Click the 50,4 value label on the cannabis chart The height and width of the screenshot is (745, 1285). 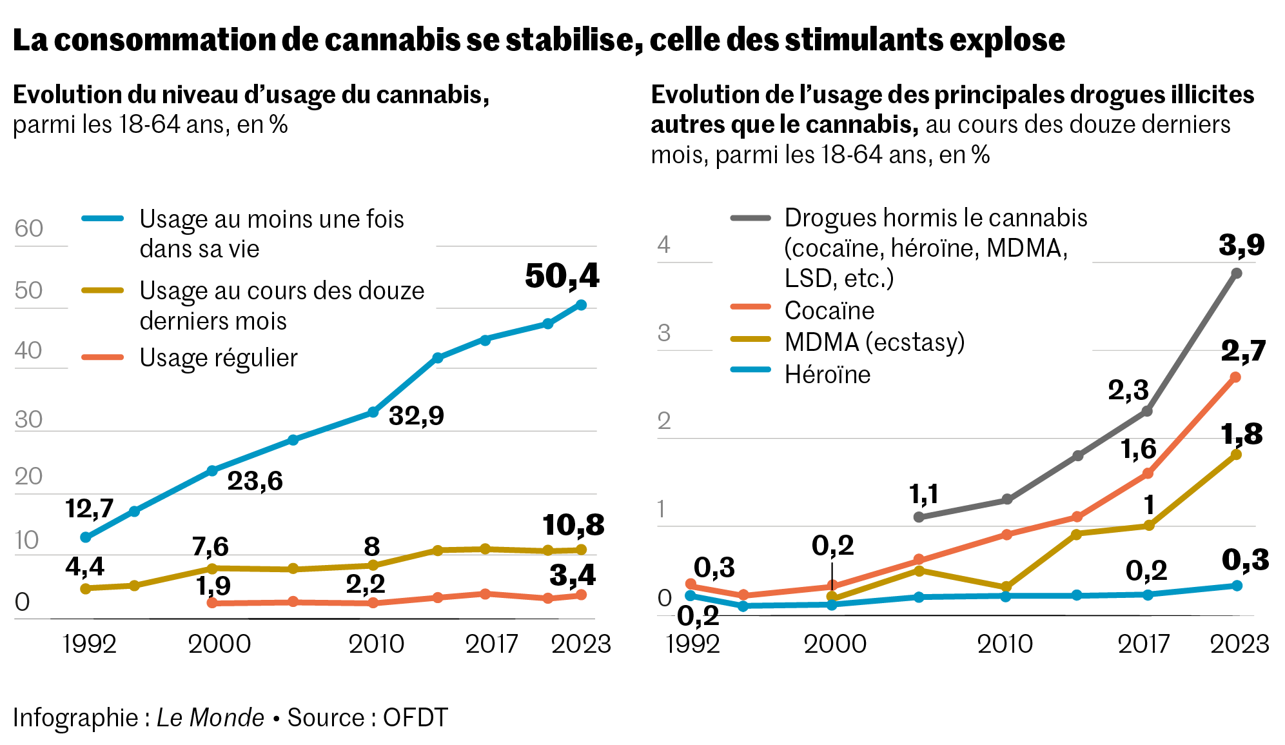coord(562,277)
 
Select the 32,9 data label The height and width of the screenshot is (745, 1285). coord(416,416)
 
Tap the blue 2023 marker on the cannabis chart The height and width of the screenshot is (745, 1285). coord(581,305)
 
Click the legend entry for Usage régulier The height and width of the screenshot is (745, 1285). coord(219,358)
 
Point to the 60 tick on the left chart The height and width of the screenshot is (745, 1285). coord(29,229)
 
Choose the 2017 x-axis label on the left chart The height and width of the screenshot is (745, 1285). coord(491,644)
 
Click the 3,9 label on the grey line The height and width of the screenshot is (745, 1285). coord(1241,245)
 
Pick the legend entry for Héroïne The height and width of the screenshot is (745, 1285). coord(827,375)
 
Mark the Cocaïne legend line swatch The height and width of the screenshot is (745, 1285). coord(750,307)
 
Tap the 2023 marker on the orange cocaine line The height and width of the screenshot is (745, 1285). coord(1235,377)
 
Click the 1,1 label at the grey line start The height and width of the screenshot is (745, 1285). coord(923,495)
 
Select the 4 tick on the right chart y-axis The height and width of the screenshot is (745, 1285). coord(663,245)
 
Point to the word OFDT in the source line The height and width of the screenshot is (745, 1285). coord(415,717)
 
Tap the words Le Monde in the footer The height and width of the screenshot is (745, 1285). coord(210,717)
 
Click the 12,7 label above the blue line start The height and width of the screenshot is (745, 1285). coord(89,509)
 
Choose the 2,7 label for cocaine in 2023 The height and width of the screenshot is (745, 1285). coord(1243,352)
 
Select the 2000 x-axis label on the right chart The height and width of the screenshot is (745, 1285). coord(834,644)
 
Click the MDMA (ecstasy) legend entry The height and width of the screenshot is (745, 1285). coord(874,342)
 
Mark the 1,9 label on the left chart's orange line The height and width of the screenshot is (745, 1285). coord(213,586)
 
